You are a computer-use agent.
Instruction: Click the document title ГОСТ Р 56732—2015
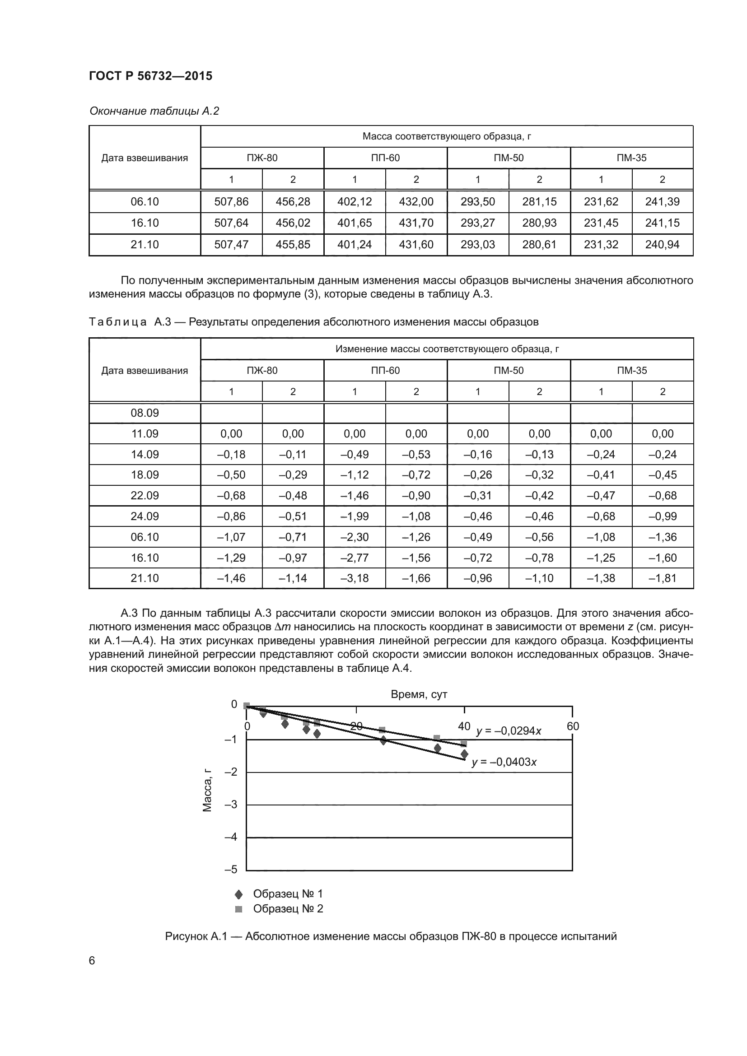click(150, 76)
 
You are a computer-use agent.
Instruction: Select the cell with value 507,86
click(231, 201)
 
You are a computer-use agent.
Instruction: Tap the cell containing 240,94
click(662, 245)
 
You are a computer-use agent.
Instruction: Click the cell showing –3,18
click(354, 578)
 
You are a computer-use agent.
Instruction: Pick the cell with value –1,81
click(663, 578)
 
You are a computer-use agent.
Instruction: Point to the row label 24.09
click(145, 516)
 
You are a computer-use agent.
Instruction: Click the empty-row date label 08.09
click(145, 413)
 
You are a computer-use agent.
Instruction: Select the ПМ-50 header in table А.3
click(508, 370)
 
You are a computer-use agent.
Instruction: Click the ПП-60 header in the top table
click(385, 158)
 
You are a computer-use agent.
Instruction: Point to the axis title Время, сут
click(419, 694)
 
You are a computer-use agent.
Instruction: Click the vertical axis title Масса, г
click(207, 790)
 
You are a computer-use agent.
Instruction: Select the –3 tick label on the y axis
click(231, 805)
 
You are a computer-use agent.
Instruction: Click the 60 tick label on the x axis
click(573, 726)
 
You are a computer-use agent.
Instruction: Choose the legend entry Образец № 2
click(288, 909)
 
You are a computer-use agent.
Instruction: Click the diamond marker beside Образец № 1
click(238, 894)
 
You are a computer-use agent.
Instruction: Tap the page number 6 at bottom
click(92, 961)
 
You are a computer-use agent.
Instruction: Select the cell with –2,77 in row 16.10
click(354, 558)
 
